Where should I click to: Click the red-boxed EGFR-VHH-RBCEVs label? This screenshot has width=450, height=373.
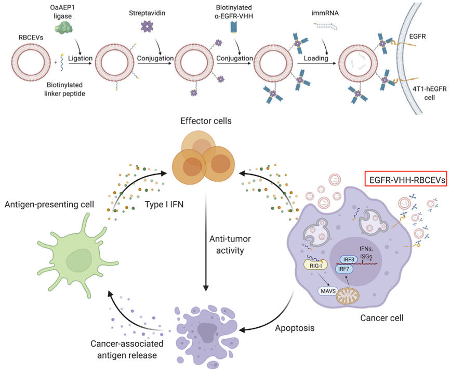click(405, 180)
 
